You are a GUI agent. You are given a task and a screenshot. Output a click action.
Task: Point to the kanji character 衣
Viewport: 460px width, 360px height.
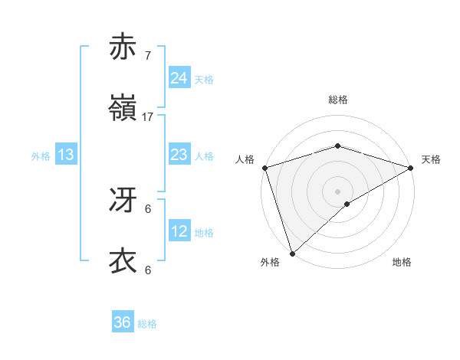pyautogui.click(x=123, y=261)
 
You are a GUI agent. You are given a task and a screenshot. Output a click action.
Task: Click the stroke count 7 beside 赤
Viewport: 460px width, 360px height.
pyautogui.click(x=148, y=56)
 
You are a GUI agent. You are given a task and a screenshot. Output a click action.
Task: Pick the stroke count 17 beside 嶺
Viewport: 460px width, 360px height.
pyautogui.click(x=148, y=117)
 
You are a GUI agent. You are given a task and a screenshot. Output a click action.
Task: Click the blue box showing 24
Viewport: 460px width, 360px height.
pyautogui.click(x=179, y=78)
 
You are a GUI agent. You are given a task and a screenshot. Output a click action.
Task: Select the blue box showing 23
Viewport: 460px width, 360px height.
pyautogui.click(x=179, y=155)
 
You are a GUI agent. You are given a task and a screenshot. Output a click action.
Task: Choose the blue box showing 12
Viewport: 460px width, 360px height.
pyautogui.click(x=179, y=231)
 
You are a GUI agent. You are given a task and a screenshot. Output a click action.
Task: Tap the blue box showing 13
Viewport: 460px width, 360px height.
pyautogui.click(x=66, y=155)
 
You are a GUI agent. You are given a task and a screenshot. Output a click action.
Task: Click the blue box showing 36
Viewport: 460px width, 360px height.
pyautogui.click(x=122, y=322)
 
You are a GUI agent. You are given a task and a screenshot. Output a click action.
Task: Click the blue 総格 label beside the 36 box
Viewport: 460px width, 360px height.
pyautogui.click(x=147, y=324)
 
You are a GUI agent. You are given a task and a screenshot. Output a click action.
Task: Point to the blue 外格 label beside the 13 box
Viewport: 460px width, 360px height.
pyautogui.click(x=41, y=156)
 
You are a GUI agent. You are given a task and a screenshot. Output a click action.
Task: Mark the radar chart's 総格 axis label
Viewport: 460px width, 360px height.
pyautogui.click(x=337, y=100)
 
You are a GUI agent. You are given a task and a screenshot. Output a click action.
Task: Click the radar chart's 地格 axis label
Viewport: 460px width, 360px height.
pyautogui.click(x=402, y=262)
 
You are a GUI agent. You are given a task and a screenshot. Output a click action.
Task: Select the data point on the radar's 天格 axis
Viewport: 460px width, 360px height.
pyautogui.click(x=411, y=168)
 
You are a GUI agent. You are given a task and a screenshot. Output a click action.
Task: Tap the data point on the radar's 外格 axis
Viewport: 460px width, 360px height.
pyautogui.click(x=292, y=254)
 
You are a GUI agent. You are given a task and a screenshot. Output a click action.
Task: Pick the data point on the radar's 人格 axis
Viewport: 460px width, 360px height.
pyautogui.click(x=264, y=168)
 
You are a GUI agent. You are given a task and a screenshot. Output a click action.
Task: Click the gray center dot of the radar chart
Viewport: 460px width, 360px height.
pyautogui.click(x=337, y=191)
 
